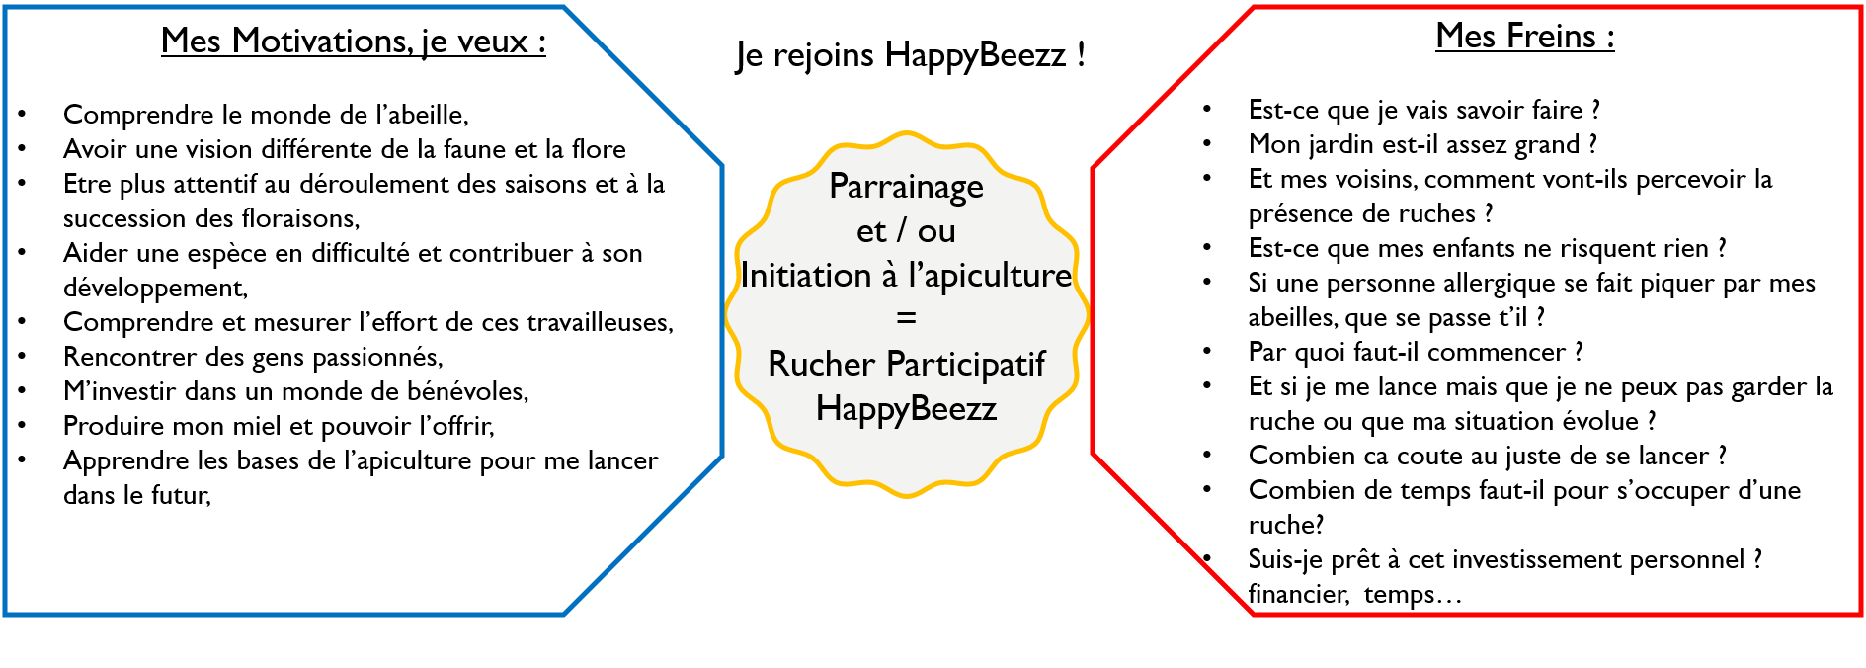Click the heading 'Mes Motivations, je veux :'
[x=353, y=42]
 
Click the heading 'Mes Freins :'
[x=1525, y=37]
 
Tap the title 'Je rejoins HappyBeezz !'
[x=911, y=55]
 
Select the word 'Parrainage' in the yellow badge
[x=906, y=187]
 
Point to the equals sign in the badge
[x=906, y=318]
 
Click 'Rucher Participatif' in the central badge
[x=906, y=365]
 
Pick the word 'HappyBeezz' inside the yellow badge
[x=906, y=408]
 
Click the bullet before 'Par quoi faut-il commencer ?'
[x=1207, y=351]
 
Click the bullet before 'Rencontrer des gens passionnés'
[x=22, y=356]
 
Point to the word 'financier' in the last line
[x=1297, y=595]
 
